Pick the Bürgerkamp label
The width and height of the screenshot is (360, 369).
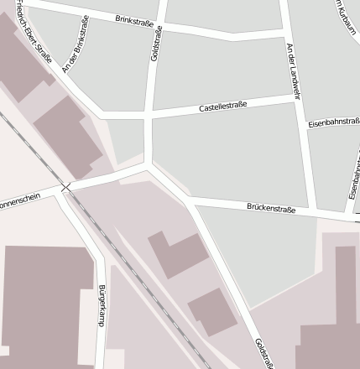point(102,305)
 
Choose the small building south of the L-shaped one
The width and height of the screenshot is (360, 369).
point(213,312)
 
